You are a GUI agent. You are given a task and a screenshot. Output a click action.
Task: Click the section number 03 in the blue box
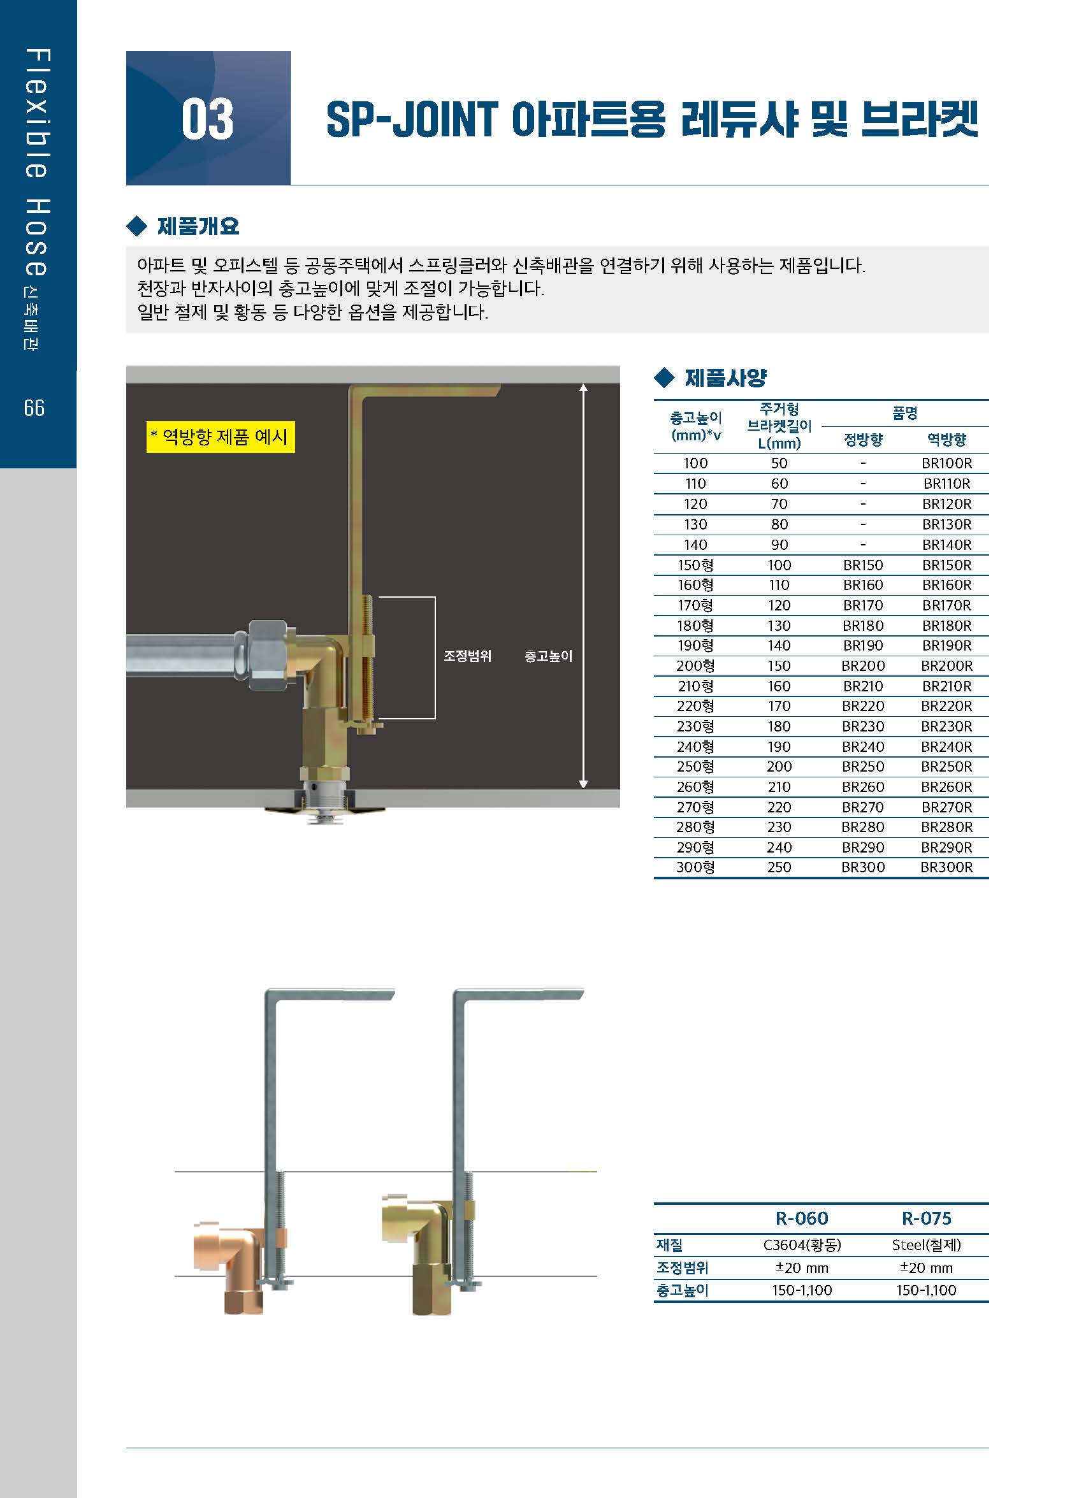click(x=207, y=119)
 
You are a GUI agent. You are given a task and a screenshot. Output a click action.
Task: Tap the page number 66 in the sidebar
click(x=34, y=408)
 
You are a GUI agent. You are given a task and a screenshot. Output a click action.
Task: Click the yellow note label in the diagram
click(x=221, y=436)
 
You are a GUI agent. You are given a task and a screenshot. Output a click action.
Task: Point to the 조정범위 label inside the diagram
click(x=467, y=656)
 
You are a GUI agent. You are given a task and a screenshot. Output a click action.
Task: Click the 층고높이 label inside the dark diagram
click(x=548, y=656)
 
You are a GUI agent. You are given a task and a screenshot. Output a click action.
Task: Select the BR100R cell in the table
click(x=946, y=463)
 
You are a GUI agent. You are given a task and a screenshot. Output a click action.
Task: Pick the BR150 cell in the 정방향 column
click(x=863, y=565)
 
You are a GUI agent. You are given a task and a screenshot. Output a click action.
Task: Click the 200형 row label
click(x=695, y=666)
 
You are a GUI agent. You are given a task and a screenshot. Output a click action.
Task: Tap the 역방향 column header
click(x=946, y=439)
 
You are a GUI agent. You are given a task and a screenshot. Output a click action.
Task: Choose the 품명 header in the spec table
click(x=904, y=413)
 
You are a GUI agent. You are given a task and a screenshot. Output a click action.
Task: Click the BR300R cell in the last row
click(x=946, y=867)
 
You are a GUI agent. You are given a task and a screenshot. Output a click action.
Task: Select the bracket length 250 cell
click(x=779, y=867)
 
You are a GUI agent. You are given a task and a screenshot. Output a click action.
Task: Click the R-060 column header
click(x=801, y=1218)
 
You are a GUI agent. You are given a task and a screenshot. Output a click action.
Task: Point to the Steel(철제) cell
click(x=926, y=1245)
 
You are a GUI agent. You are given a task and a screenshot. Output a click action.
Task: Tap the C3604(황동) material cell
click(x=801, y=1245)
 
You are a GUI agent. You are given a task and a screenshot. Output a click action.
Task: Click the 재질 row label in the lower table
click(x=670, y=1245)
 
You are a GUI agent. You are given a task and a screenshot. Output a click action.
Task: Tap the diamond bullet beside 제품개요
click(x=136, y=226)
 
